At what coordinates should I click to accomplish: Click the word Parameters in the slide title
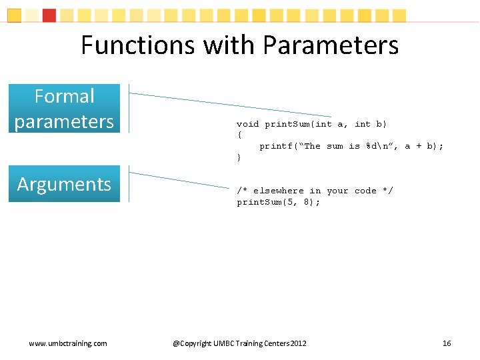pyautogui.click(x=331, y=45)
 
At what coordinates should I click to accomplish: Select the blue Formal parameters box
pyautogui.click(x=64, y=109)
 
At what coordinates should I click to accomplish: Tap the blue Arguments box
pyautogui.click(x=64, y=184)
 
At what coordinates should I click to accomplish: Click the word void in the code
pyautogui.click(x=248, y=124)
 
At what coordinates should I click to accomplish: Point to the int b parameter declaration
pyautogui.click(x=369, y=124)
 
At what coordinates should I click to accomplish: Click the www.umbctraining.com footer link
pyautogui.click(x=67, y=343)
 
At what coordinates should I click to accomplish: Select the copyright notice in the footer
pyautogui.click(x=240, y=343)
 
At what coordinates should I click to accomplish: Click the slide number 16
pyautogui.click(x=447, y=343)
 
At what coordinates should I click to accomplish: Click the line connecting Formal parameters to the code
pyautogui.click(x=230, y=105)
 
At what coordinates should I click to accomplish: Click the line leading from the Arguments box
pyautogui.click(x=180, y=179)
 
